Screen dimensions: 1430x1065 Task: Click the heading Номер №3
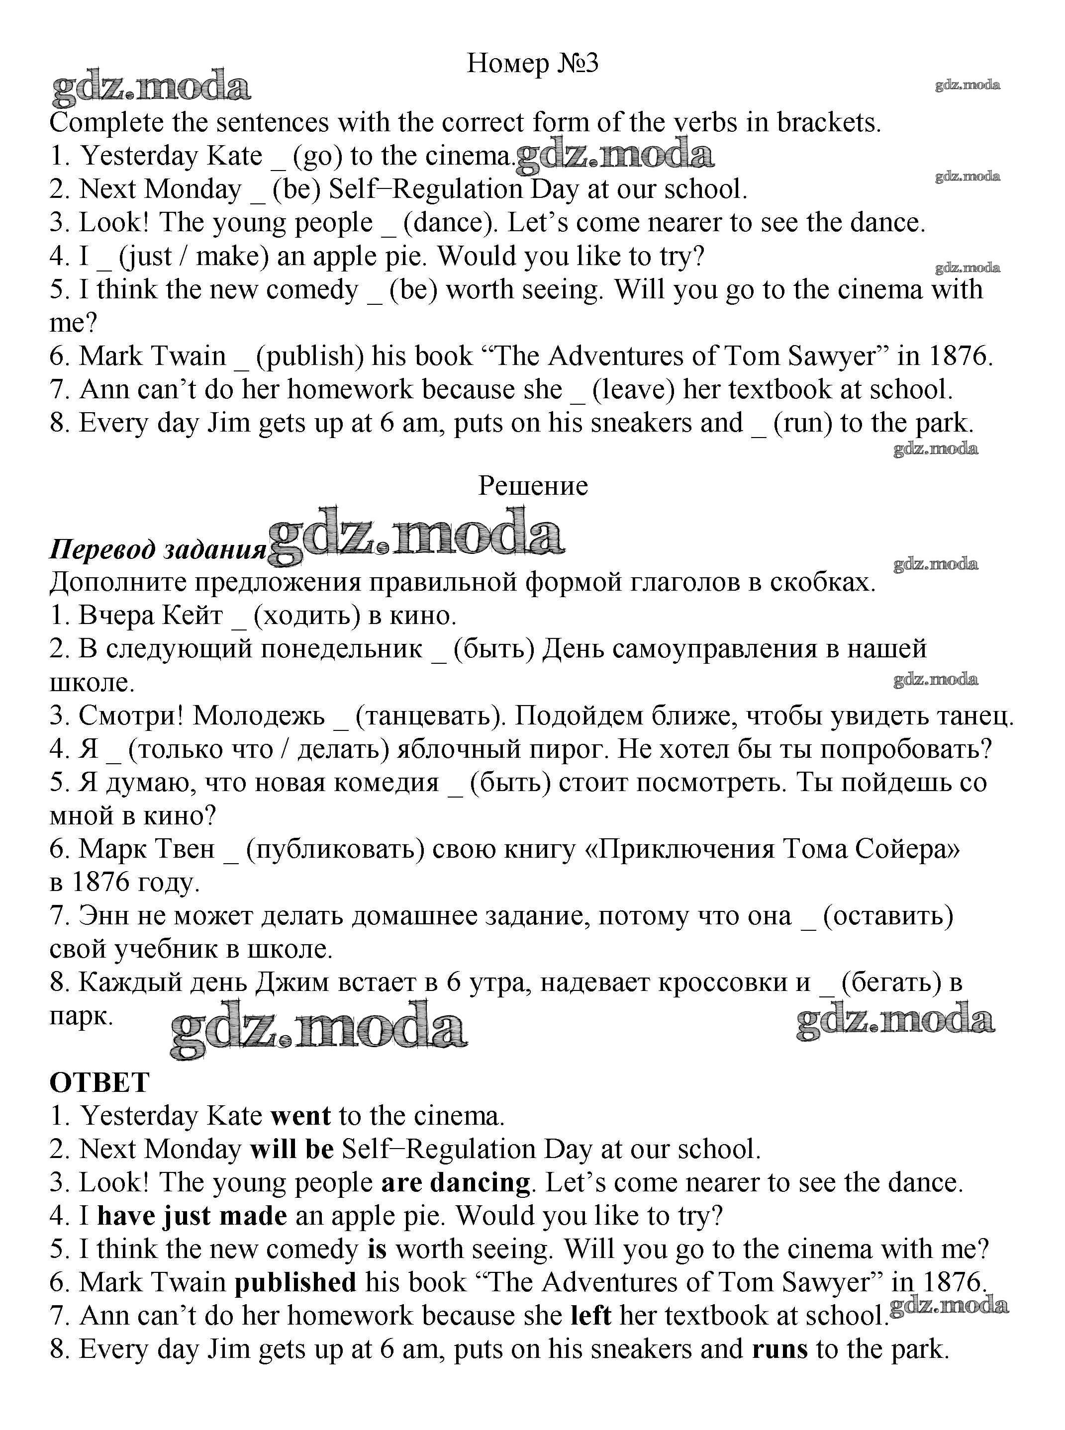tap(532, 63)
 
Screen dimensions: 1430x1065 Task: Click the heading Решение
tap(532, 486)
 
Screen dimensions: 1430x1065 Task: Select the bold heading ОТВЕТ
tap(99, 1082)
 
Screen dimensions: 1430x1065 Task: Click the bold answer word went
tap(300, 1116)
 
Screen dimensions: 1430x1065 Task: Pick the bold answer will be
tap(292, 1150)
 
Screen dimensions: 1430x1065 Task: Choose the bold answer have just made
tap(192, 1217)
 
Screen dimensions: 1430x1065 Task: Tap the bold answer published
tap(295, 1282)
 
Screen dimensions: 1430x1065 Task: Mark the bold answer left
tap(591, 1316)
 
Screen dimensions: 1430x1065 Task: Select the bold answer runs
tap(779, 1349)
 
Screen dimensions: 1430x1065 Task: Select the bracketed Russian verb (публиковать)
tap(335, 849)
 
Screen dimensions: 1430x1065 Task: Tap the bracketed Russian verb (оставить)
tap(888, 916)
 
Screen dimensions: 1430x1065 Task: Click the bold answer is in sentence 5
tap(377, 1250)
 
